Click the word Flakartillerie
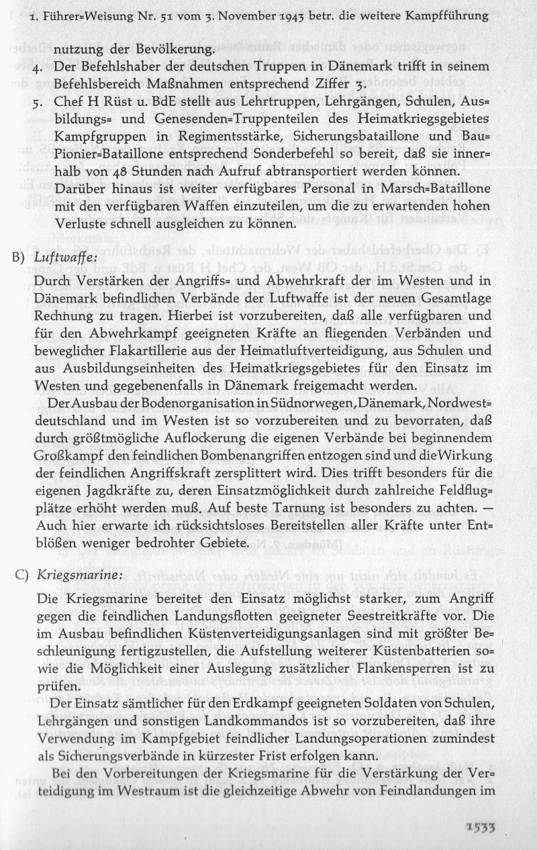coord(132,352)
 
